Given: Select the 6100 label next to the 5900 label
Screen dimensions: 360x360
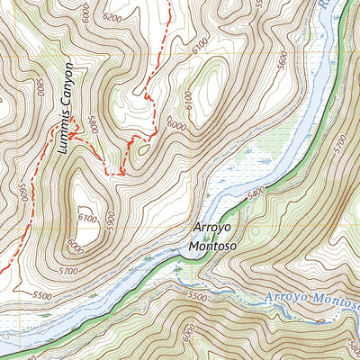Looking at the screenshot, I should click(86, 216).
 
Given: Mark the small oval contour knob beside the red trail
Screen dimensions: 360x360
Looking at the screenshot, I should click(142, 150).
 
